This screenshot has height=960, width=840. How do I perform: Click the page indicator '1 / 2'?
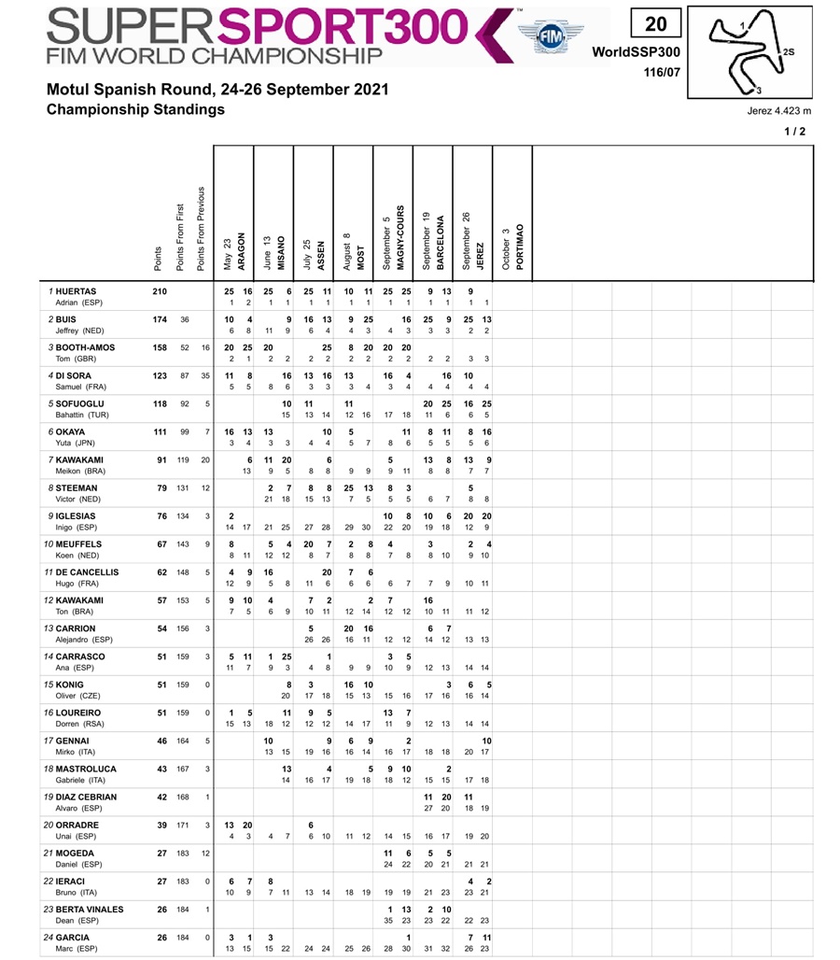[795, 132]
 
